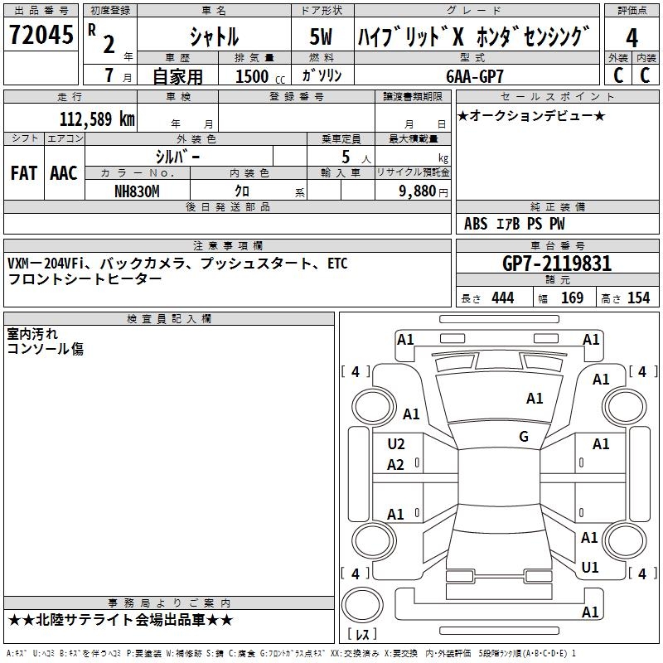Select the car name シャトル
[213, 36]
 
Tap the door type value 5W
[322, 36]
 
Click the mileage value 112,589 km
[97, 119]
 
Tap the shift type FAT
[23, 173]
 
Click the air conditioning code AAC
[63, 173]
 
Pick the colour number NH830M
[137, 191]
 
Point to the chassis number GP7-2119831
[557, 264]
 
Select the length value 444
[502, 298]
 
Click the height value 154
[638, 298]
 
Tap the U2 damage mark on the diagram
[396, 444]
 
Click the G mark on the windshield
[524, 437]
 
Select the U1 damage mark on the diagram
[590, 568]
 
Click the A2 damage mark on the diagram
[396, 465]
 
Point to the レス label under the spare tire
[362, 634]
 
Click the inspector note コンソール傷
[45, 350]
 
